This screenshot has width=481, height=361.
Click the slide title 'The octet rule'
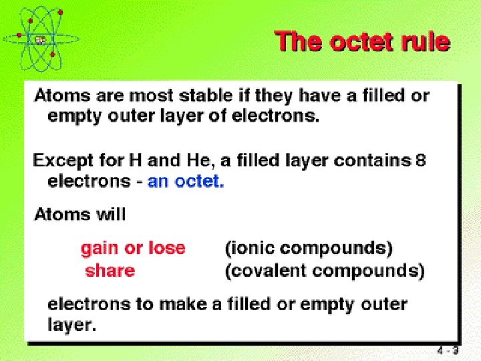pos(362,41)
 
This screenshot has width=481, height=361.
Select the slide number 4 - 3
pos(448,350)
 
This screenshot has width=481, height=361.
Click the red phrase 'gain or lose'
pos(133,248)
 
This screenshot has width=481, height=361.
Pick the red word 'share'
pos(110,271)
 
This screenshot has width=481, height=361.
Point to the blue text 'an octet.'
pos(186,181)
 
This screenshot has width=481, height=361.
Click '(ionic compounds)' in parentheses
pos(308,248)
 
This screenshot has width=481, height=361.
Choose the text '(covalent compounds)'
pos(324,271)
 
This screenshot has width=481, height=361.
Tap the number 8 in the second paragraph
pos(420,160)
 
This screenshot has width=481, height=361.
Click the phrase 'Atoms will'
pos(79,215)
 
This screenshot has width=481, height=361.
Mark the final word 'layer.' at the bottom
pos(72,326)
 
